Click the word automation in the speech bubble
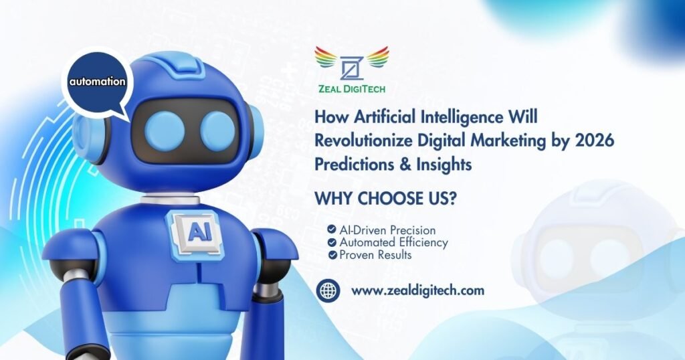click(97, 82)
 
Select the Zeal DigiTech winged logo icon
click(352, 64)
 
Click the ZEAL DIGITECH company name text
click(352, 89)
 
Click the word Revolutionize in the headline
click(364, 141)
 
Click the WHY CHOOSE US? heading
click(386, 198)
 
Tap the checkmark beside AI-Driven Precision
click(332, 230)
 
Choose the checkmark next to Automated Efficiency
click(332, 242)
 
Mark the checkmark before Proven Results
click(333, 255)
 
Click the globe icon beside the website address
click(328, 290)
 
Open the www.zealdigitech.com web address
click(417, 291)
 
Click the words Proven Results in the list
click(376, 255)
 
